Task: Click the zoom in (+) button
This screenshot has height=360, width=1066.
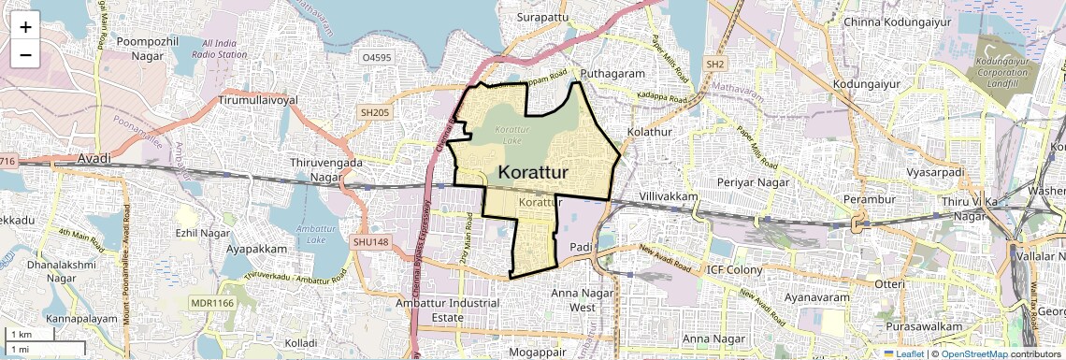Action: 25,27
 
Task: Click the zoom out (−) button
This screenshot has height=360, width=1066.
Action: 25,55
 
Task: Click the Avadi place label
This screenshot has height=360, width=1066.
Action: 94,158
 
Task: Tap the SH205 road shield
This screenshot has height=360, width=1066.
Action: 374,112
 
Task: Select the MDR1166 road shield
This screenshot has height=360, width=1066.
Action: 211,303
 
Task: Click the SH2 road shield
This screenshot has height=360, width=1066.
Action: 715,64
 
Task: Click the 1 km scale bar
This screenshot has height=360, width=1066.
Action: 25,334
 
